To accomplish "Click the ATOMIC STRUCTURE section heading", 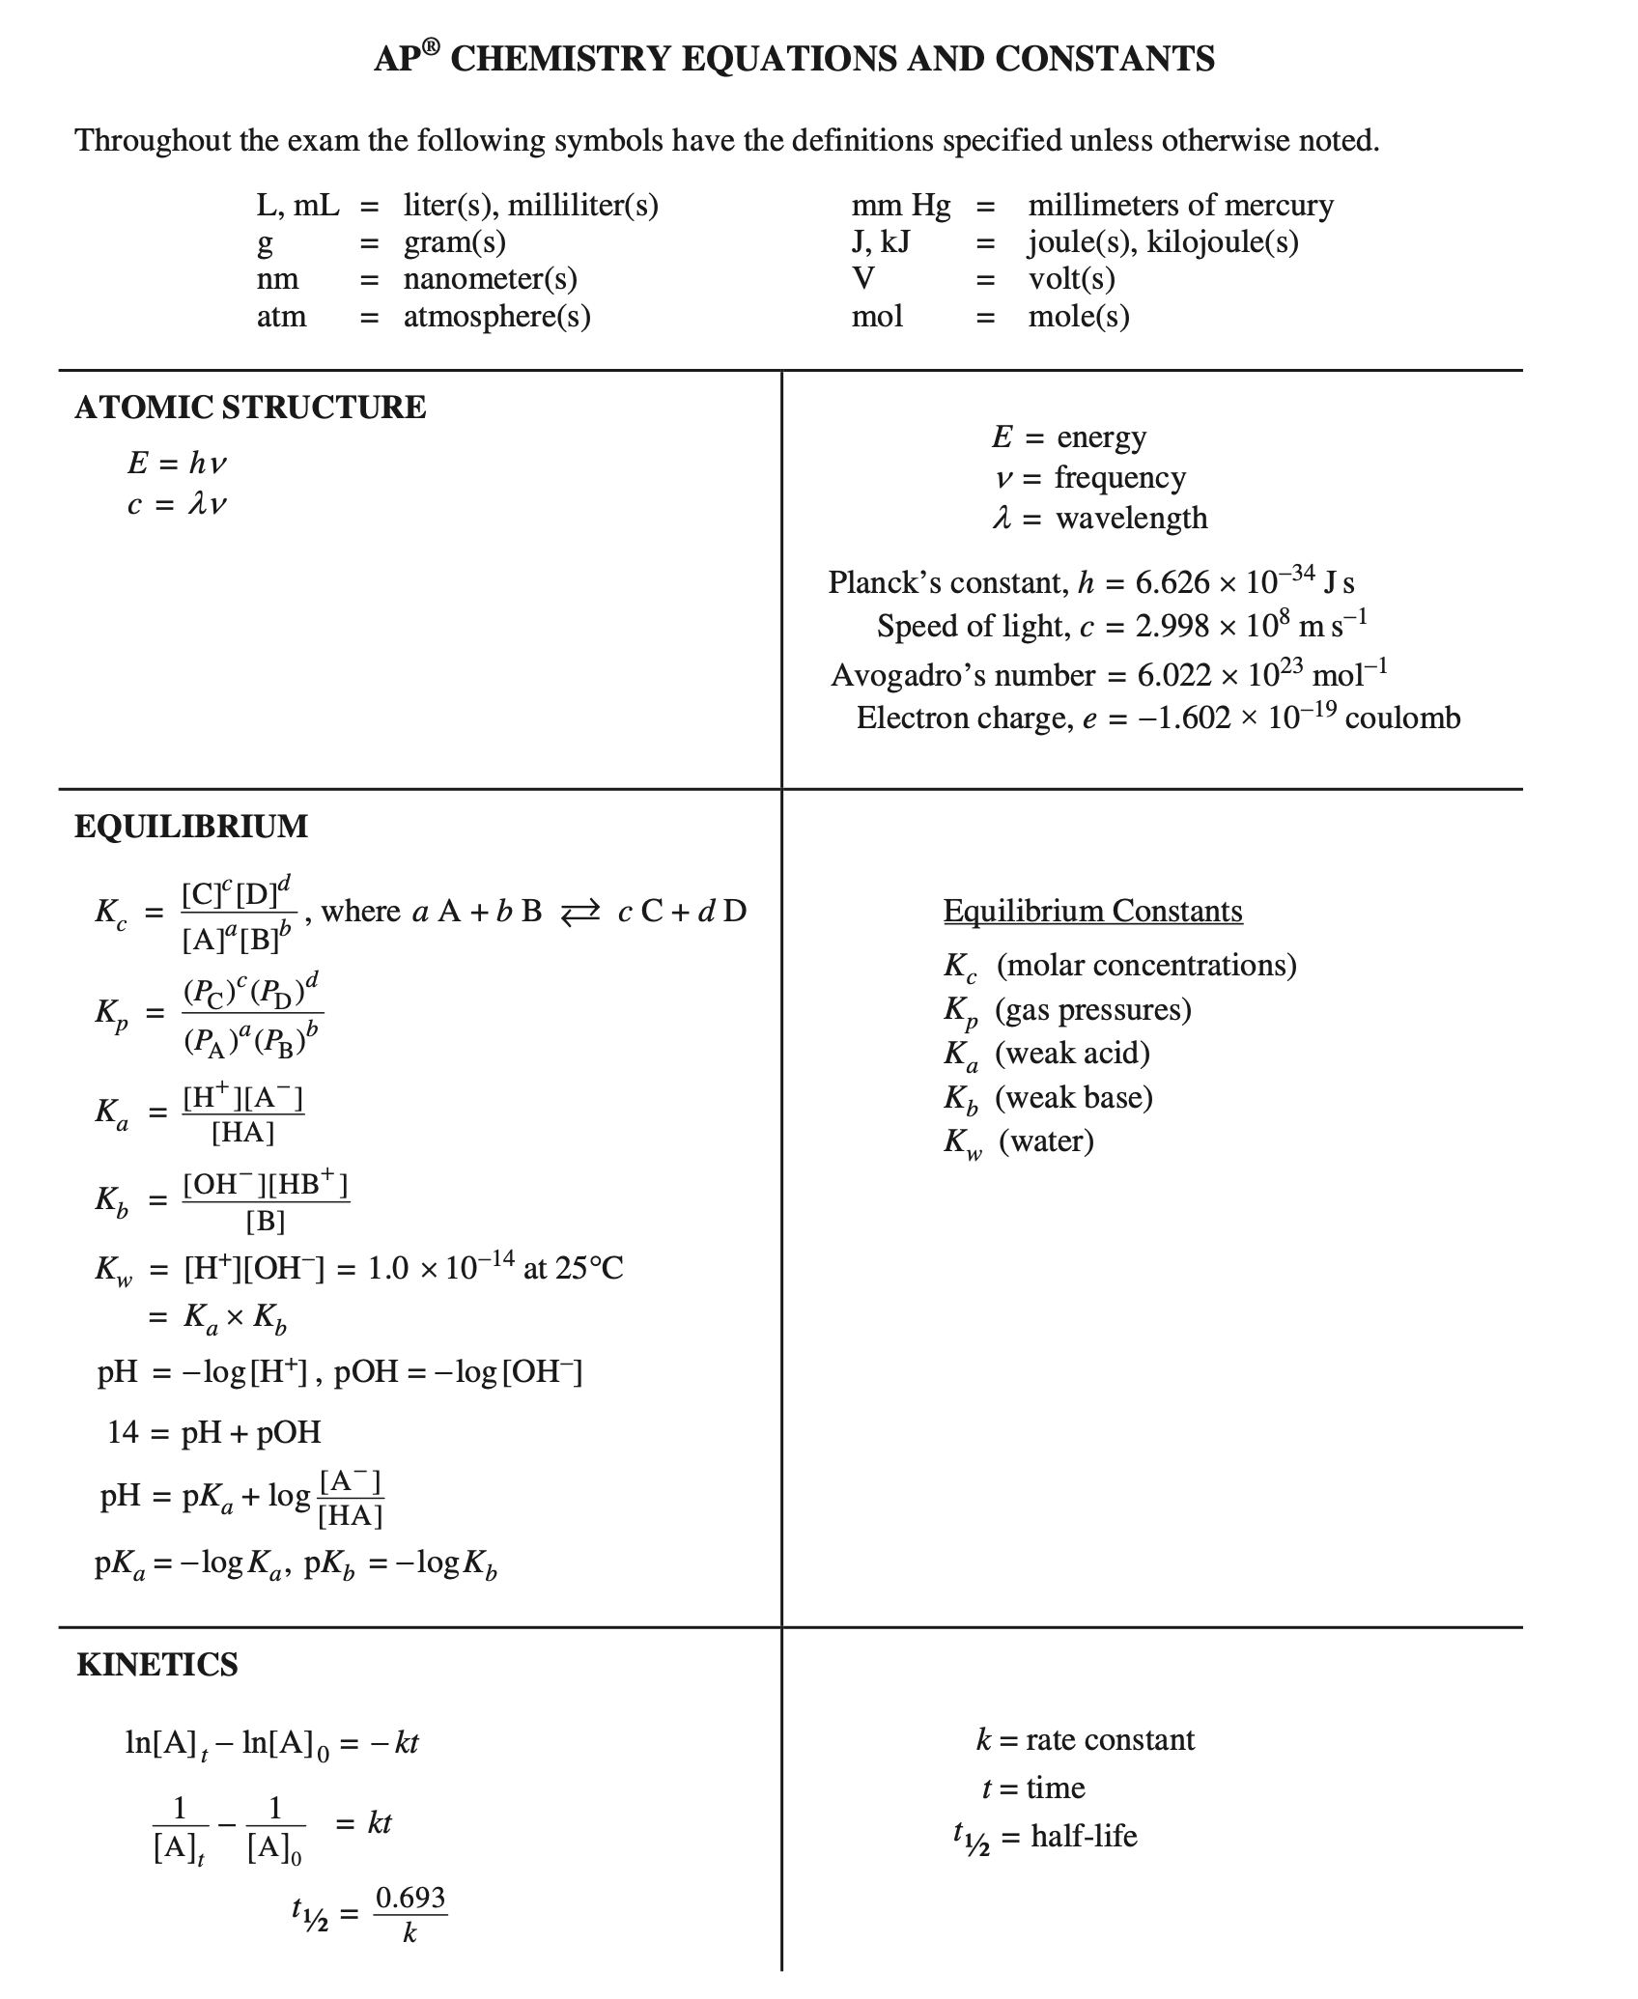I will pos(250,408).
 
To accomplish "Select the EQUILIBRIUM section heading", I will pos(191,827).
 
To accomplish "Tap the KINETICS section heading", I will pos(156,1665).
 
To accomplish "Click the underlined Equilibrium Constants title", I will pos(1092,911).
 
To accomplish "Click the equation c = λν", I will pos(177,504).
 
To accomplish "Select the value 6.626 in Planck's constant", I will pos(1172,582).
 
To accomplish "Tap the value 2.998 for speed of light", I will pos(1172,627).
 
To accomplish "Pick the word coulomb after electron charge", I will pos(1402,718).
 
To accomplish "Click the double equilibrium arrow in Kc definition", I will pos(580,911).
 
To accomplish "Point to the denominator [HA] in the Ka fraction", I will pos(243,1132).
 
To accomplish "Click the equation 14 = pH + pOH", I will pos(214,1431).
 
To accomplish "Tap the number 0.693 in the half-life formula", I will pos(410,1898).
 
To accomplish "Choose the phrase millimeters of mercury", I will pos(1180,205).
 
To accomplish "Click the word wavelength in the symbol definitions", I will pos(1132,519).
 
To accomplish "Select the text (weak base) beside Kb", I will pos(1074,1097).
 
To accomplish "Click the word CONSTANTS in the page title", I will pos(1105,59).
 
